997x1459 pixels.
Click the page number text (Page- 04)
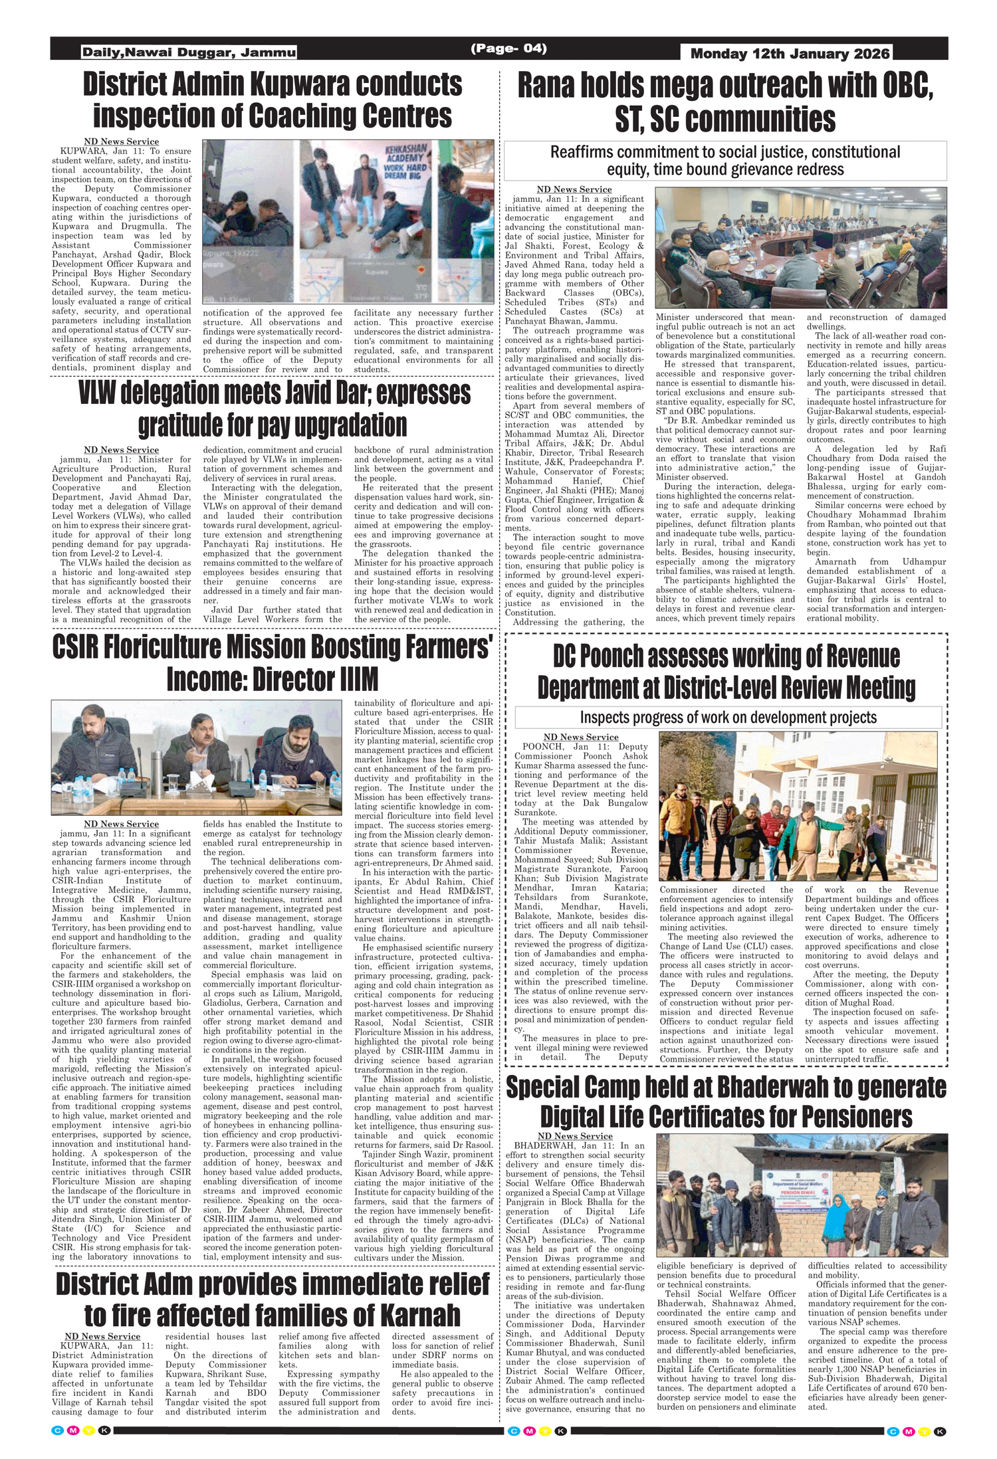point(508,49)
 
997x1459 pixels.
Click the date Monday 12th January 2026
point(790,54)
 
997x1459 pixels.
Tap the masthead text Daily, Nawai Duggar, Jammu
point(189,52)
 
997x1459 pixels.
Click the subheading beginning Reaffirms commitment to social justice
point(725,161)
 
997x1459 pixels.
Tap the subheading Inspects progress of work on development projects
point(728,718)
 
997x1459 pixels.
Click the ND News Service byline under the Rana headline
point(574,189)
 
